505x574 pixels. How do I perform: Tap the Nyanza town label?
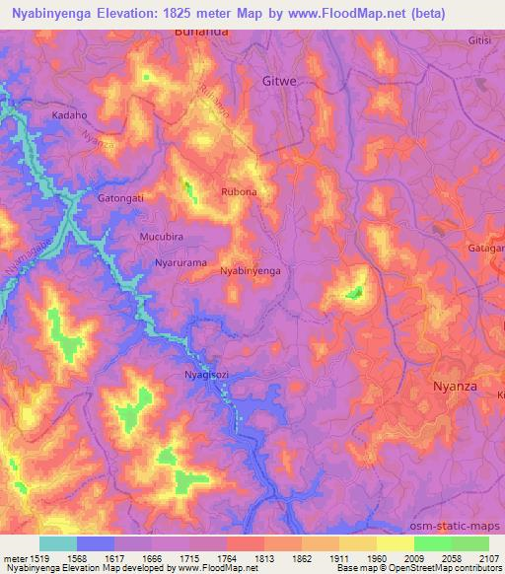[x=456, y=387]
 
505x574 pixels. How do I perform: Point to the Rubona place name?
[x=239, y=192]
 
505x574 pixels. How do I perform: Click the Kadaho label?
[x=69, y=115]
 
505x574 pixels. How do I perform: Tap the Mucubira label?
[x=162, y=238]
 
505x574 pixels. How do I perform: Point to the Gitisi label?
[x=479, y=40]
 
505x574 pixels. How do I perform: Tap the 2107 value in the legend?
[x=488, y=558]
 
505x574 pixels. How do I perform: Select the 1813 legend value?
[x=264, y=558]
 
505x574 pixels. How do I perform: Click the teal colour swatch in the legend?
[x=58, y=543]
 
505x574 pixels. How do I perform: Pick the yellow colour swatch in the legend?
[x=396, y=543]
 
